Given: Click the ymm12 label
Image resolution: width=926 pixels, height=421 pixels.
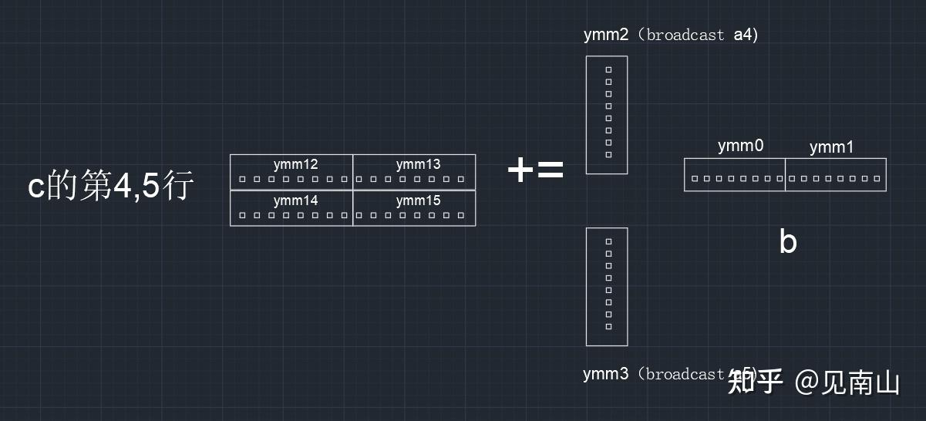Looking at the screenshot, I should (x=295, y=164).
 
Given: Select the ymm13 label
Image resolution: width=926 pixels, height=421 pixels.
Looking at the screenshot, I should (x=418, y=164).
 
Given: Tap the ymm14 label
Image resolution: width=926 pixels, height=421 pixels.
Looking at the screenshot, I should (x=295, y=200).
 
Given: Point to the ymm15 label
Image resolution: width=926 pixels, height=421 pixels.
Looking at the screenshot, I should (x=418, y=200).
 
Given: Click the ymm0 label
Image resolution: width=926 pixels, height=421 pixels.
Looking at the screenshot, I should (x=740, y=146).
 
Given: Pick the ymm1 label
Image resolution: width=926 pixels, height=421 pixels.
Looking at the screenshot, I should (x=831, y=147).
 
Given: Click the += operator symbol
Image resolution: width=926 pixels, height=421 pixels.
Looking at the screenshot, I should (x=535, y=170).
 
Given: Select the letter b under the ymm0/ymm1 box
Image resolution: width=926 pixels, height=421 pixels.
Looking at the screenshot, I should (x=787, y=242).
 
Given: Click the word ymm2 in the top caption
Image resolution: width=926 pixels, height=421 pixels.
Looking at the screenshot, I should (x=606, y=35).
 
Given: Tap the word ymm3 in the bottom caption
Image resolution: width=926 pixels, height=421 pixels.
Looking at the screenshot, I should (x=605, y=374).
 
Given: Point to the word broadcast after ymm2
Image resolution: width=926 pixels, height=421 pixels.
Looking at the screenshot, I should (x=685, y=35).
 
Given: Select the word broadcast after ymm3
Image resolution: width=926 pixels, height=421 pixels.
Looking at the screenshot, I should (x=685, y=374).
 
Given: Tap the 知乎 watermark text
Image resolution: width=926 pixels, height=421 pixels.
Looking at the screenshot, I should (x=755, y=381).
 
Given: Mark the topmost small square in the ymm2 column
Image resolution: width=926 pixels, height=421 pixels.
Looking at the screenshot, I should (x=608, y=69).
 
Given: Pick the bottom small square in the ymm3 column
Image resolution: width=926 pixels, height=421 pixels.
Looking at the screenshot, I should (x=608, y=327).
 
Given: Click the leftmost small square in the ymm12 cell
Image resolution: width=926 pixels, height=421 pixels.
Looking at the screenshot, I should (x=242, y=179).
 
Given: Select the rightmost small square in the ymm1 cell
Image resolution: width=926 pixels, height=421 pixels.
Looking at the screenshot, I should (x=877, y=179).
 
